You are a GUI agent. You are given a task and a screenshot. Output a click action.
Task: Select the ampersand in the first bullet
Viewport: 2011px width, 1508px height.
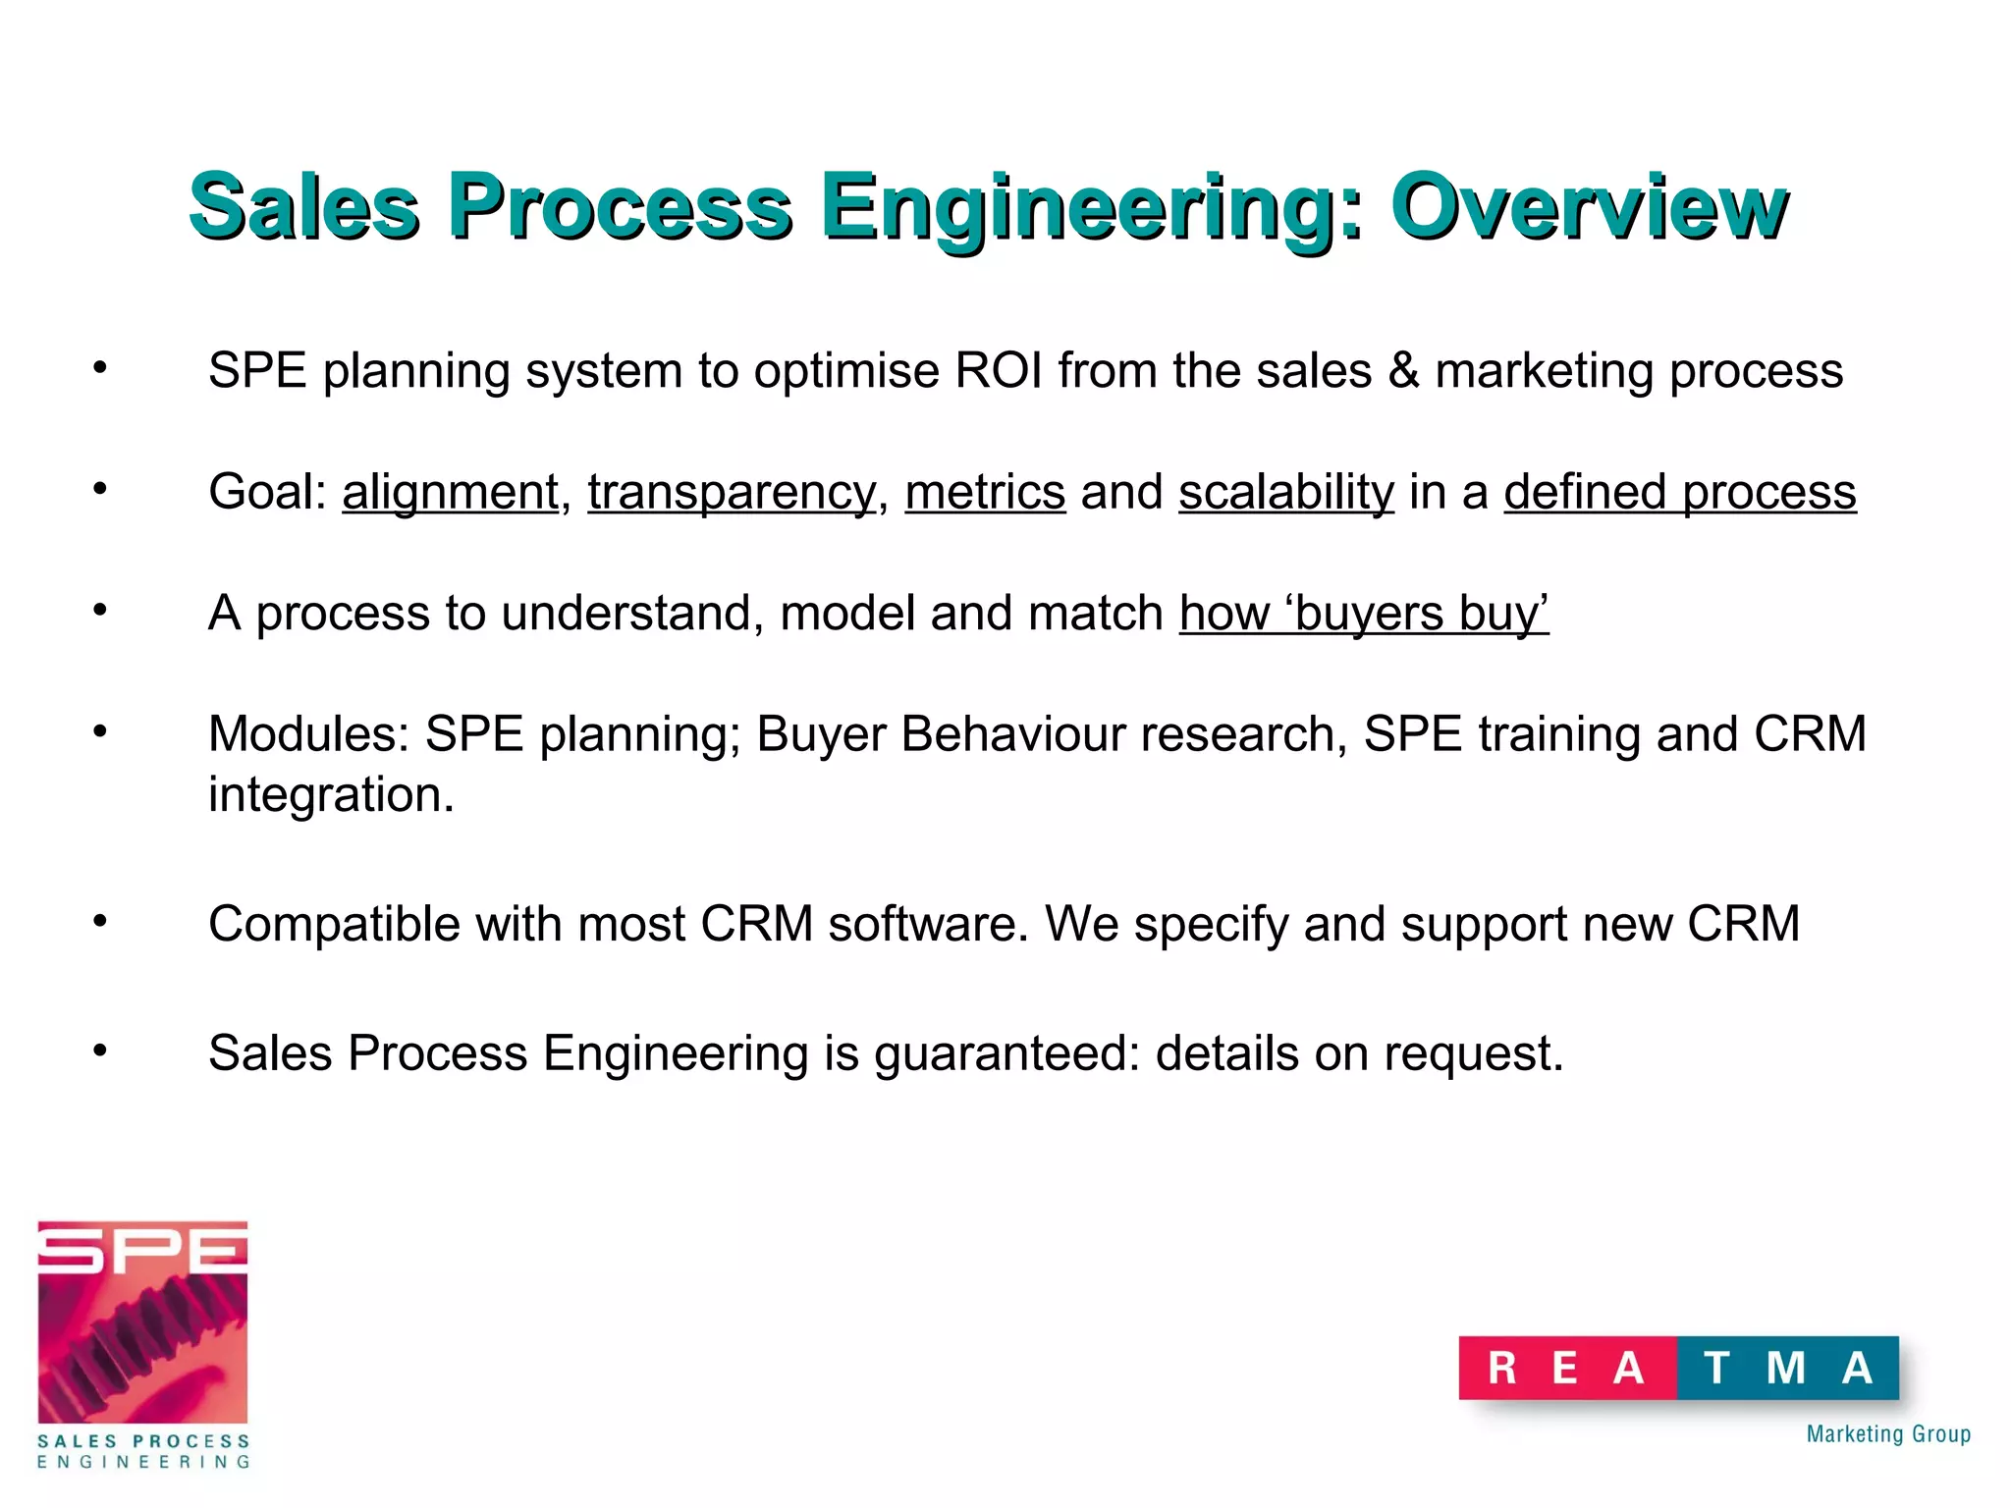1403,371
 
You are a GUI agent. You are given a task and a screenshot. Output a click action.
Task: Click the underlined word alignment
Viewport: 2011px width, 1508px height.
450,492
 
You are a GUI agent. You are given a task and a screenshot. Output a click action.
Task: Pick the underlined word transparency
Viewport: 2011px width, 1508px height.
731,492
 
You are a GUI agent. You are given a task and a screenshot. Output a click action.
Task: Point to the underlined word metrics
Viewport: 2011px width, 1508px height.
985,492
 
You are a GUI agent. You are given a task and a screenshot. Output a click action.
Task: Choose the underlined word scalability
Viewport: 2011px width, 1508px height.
1285,492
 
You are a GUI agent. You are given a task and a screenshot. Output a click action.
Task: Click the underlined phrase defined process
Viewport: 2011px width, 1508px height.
1679,492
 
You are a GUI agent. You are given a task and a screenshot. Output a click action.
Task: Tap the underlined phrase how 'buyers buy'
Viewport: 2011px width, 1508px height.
1364,614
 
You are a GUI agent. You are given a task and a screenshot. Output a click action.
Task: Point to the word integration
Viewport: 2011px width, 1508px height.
331,794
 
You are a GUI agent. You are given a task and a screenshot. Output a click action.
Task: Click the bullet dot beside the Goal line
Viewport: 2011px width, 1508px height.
100,488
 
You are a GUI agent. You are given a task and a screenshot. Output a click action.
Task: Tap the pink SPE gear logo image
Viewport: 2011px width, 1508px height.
142,1321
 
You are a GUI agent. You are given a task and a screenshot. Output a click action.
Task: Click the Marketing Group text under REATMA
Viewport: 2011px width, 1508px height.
1887,1434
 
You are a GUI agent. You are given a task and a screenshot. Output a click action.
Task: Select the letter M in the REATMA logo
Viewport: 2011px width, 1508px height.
1785,1368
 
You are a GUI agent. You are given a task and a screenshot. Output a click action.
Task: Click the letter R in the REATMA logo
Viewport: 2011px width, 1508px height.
1502,1368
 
